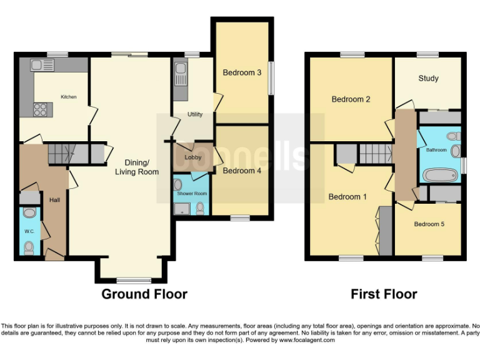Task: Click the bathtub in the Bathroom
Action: pos(441,175)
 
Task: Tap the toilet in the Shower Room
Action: pos(200,208)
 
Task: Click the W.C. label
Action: pos(29,231)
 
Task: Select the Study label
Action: pos(428,78)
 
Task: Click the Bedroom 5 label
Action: pos(429,224)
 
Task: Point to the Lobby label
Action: pos(193,157)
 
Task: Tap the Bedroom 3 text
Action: pos(242,72)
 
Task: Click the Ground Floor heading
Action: pos(144,294)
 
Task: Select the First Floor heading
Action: pos(384,294)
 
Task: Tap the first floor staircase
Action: pos(374,152)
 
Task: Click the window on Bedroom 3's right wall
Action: pos(271,77)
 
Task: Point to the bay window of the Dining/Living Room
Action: pos(132,279)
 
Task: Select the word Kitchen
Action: pos(69,97)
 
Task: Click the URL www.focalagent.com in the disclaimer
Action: pos(309,340)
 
